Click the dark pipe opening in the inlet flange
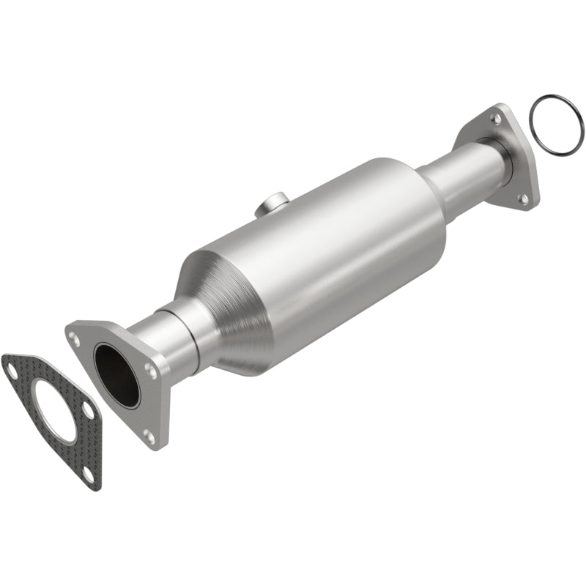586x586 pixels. [x=116, y=375]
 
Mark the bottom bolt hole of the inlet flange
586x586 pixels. [x=149, y=437]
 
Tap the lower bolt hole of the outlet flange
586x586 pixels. [x=524, y=198]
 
